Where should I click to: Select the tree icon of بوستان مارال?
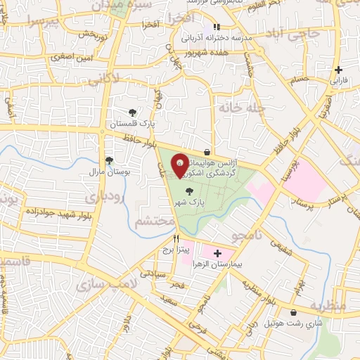click(x=108, y=160)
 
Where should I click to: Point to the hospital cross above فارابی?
click(x=339, y=70)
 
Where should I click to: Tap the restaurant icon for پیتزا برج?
click(x=166, y=238)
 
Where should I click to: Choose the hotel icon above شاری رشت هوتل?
click(x=293, y=312)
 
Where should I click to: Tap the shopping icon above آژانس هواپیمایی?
click(x=206, y=152)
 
